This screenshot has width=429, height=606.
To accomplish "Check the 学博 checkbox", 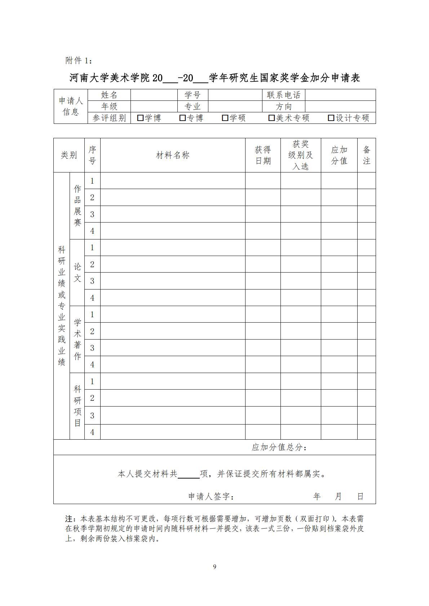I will (140, 118).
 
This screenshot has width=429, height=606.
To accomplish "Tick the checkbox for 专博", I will (182, 118).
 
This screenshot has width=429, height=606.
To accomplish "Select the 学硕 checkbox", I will (225, 118).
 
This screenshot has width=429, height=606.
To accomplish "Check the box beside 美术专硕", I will (271, 118).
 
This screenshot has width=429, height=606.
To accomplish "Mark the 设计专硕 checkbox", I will (331, 118).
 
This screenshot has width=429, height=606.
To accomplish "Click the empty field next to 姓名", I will (154, 95).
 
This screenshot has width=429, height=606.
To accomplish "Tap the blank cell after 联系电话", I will (340, 95).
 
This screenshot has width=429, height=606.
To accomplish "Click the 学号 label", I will (192, 95).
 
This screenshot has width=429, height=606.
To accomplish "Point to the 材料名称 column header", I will (173, 155).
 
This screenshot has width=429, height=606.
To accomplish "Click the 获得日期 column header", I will (263, 155).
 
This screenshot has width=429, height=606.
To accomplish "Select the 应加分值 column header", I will (339, 155).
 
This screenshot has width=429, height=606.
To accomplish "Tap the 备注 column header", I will (366, 155).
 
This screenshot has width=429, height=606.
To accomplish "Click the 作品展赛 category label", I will (77, 206).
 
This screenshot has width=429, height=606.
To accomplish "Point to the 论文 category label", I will (77, 273).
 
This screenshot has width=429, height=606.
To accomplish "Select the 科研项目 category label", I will (77, 406).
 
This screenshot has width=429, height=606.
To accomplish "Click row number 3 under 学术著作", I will (92, 348).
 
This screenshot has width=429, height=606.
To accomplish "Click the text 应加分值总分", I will (279, 447).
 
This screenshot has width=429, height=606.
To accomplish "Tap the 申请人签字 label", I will (211, 497).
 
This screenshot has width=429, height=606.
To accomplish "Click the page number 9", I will (214, 567).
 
